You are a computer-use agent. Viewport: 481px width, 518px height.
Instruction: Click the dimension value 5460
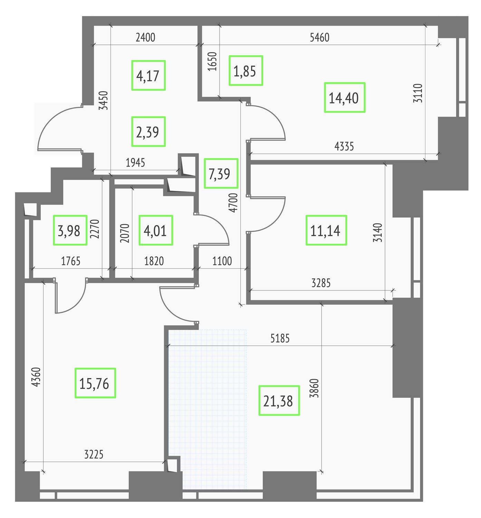click(x=319, y=38)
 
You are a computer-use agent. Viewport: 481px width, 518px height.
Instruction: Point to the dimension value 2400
click(x=145, y=38)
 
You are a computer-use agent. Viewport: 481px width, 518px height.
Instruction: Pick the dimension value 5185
click(x=280, y=338)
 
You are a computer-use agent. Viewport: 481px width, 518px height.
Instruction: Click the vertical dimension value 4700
click(x=233, y=203)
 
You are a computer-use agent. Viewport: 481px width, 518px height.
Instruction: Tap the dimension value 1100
click(x=222, y=261)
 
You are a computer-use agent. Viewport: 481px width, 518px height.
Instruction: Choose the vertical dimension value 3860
click(x=314, y=388)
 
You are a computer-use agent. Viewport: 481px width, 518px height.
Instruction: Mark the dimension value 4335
click(x=344, y=146)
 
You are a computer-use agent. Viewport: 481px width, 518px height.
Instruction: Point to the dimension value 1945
click(x=135, y=163)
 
